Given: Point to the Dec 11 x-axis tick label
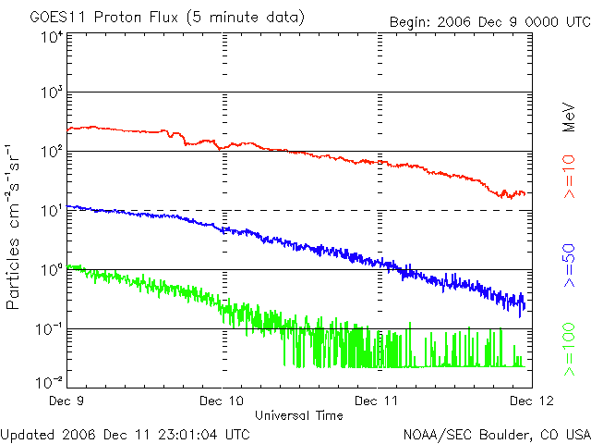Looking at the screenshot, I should click(378, 401).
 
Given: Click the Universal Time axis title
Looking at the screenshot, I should click(299, 415).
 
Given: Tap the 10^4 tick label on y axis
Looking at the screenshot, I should click(52, 37).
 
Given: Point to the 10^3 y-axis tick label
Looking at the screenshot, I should click(52, 92).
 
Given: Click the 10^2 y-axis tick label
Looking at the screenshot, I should click(52, 151).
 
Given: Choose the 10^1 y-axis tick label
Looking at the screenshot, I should click(52, 210).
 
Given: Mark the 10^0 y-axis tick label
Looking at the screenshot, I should click(52, 269).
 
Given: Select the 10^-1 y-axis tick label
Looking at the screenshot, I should click(50, 328).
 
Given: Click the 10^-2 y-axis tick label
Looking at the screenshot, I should click(50, 381).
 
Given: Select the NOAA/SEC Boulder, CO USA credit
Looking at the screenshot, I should click(496, 433).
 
